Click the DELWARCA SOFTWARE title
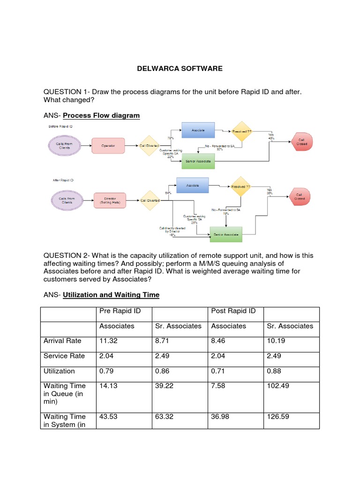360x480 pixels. pyautogui.click(x=180, y=68)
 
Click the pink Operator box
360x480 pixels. pyautogui.click(x=108, y=146)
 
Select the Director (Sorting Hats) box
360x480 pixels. pyautogui.click(x=111, y=200)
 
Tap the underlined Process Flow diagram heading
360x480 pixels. pyautogui.click(x=101, y=115)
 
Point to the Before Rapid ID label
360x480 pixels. pyautogui.click(x=61, y=127)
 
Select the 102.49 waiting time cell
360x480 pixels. pyautogui.click(x=277, y=386)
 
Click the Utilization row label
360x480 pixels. pyautogui.click(x=59, y=371)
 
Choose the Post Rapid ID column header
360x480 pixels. pyautogui.click(x=233, y=311)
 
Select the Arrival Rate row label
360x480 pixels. pyautogui.click(x=62, y=341)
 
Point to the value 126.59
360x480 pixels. pyautogui.click(x=277, y=416)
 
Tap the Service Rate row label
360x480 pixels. pyautogui.click(x=64, y=356)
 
